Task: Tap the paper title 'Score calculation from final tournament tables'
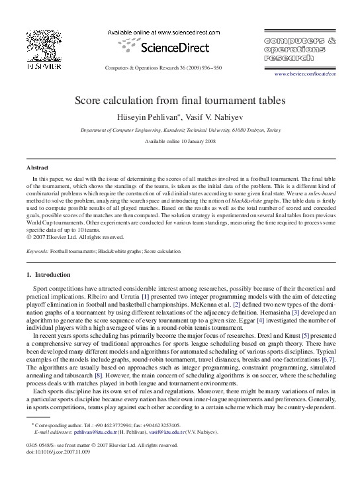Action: coord(179,101)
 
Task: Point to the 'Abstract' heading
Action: coord(37,168)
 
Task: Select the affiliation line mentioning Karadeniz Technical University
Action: coord(180,131)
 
